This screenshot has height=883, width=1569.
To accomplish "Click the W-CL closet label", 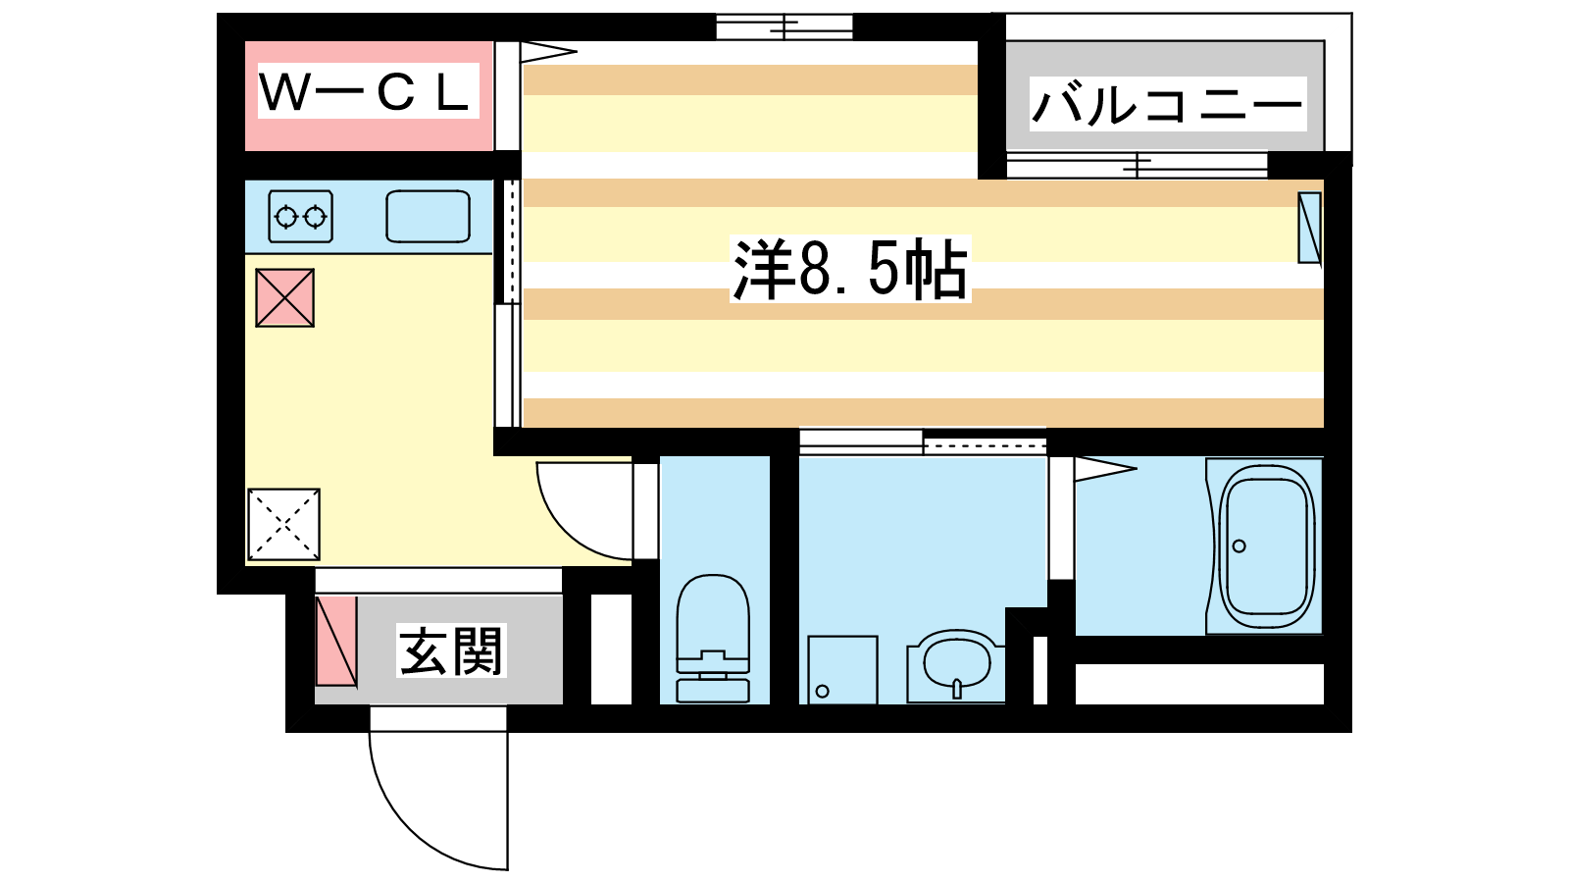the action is click(364, 92).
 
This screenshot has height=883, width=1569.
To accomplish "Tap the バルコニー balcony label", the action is click(1167, 104).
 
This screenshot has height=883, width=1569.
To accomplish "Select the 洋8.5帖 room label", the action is click(850, 269).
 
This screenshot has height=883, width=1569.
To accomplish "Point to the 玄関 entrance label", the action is click(451, 651).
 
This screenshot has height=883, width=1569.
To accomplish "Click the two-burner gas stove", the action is click(300, 217).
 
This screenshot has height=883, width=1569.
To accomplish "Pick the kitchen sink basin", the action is click(428, 217).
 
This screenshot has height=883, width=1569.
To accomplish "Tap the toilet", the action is click(713, 639).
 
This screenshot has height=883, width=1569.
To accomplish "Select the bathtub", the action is click(1265, 546).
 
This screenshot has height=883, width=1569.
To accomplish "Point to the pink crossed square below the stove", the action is click(284, 298).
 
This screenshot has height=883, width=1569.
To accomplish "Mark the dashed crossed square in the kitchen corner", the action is click(283, 524).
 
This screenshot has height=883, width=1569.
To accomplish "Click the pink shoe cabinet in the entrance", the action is click(336, 641).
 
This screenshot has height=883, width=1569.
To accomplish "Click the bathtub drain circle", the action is click(1240, 545).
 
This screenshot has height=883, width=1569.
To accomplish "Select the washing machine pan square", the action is click(842, 669).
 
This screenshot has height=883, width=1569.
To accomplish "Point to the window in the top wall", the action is click(784, 27).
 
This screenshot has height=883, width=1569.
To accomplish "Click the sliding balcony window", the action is click(1138, 166).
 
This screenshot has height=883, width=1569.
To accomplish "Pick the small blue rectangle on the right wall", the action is click(1309, 228).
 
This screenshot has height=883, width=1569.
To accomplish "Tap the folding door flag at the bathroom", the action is click(1105, 468).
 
